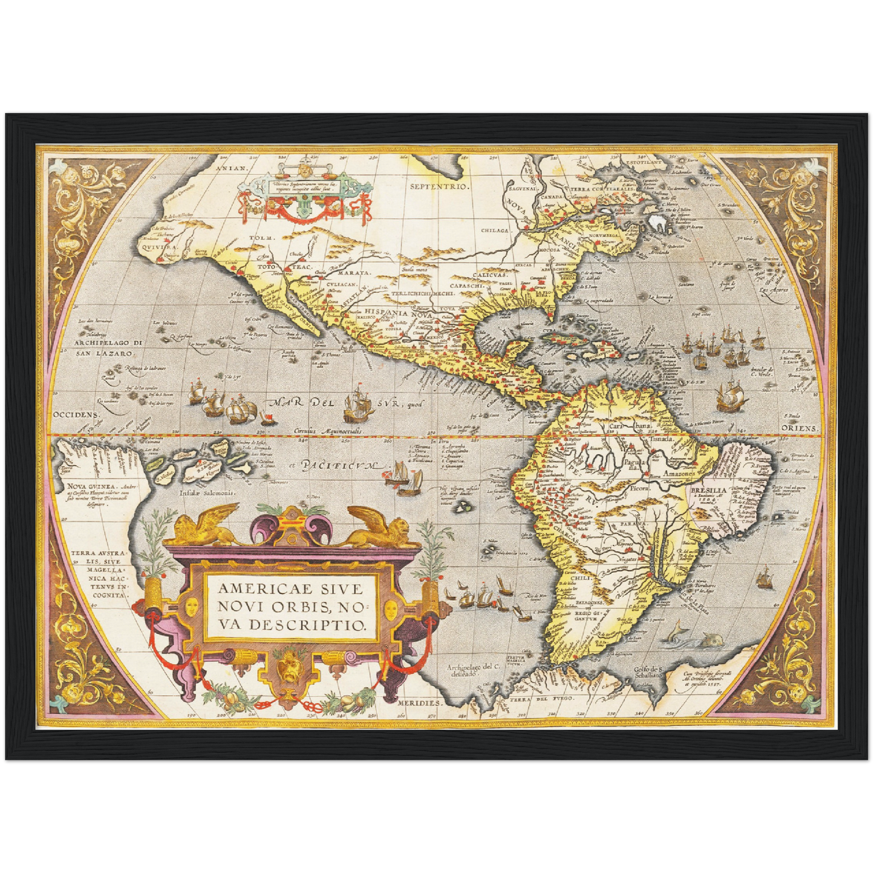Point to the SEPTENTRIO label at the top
[x=439, y=186]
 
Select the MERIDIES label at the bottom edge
[x=420, y=704]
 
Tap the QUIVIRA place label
[x=157, y=247]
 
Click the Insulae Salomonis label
[x=207, y=493]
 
